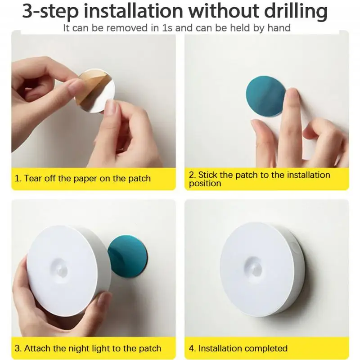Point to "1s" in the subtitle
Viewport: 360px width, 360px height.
(x=167, y=28)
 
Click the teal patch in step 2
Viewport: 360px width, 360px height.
(x=265, y=95)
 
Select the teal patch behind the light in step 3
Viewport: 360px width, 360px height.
(x=127, y=255)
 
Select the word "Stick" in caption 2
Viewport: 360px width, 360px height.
(x=208, y=175)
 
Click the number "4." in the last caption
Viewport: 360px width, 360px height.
(x=193, y=348)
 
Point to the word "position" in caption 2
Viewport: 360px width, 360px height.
(x=205, y=184)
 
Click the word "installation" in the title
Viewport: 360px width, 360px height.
(x=133, y=12)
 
